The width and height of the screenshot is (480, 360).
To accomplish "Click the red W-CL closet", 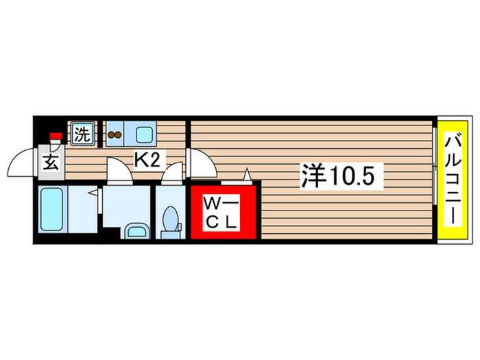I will click(x=224, y=212).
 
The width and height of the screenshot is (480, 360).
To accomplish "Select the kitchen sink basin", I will click(x=145, y=134).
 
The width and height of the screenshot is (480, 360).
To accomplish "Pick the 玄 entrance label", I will click(x=51, y=163).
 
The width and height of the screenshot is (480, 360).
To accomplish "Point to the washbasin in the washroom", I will click(x=136, y=230).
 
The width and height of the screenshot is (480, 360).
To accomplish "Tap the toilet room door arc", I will click(x=173, y=173).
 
